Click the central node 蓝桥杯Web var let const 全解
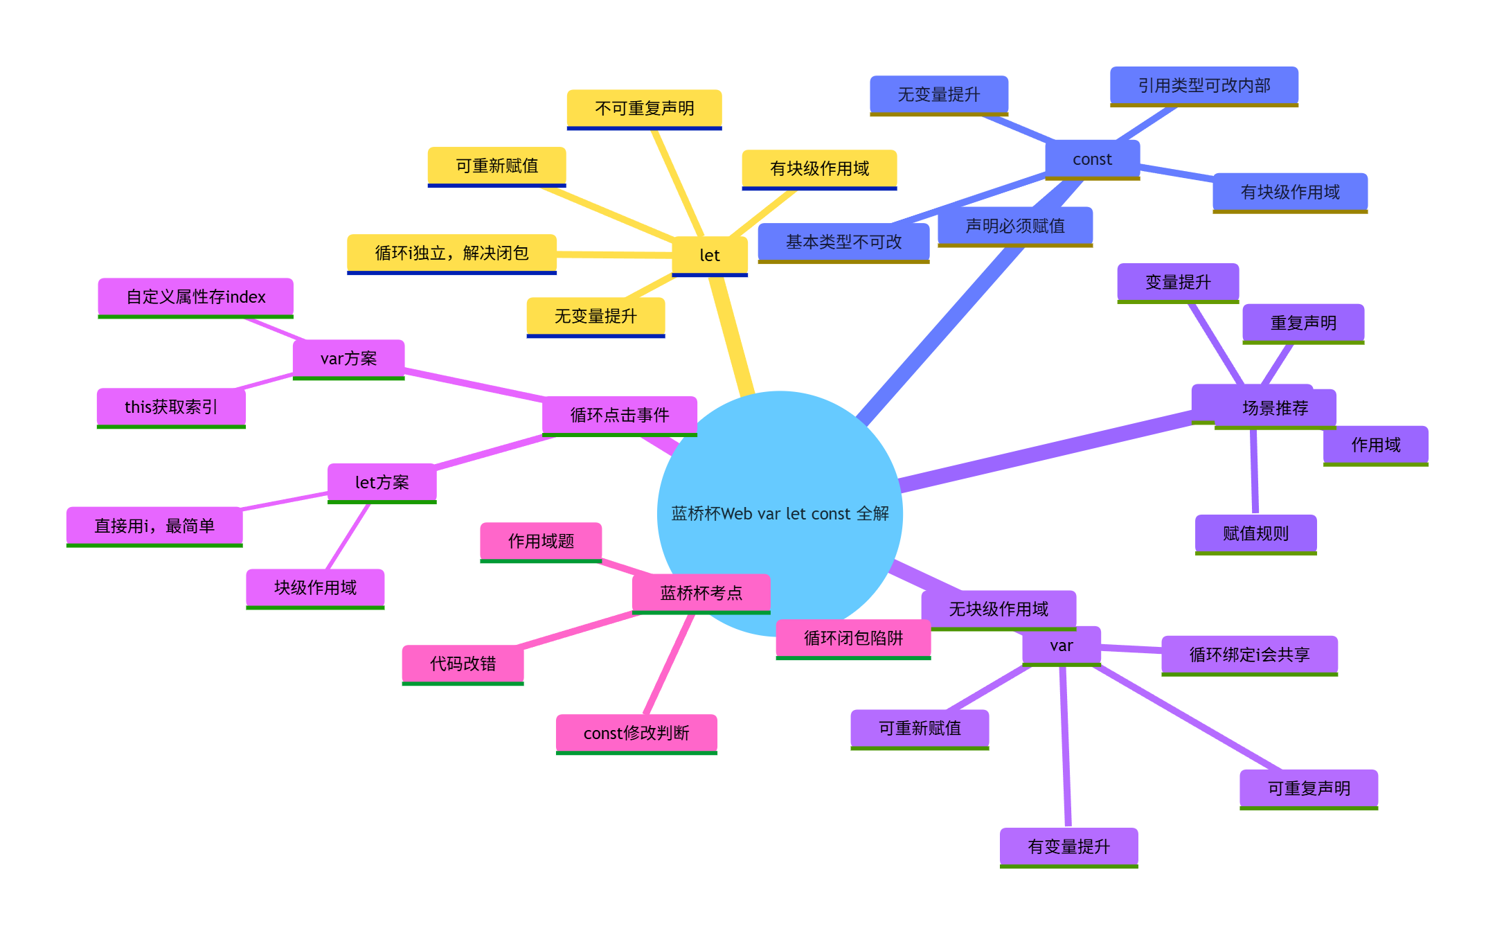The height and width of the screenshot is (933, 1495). click(x=780, y=513)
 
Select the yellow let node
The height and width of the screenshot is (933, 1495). click(x=710, y=255)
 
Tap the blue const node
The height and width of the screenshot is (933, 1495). click(x=1092, y=159)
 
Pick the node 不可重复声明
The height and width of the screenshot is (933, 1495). click(x=644, y=108)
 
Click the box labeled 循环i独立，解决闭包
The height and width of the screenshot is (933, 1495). click(x=451, y=254)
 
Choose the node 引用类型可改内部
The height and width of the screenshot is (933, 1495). click(x=1203, y=85)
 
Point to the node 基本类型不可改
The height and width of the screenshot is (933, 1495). click(x=843, y=242)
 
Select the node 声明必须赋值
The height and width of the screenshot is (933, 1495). click(x=1015, y=226)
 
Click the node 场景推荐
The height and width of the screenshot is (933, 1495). click(x=1274, y=408)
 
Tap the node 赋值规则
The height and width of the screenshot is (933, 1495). click(x=1255, y=533)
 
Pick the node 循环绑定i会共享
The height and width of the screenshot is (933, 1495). click(x=1249, y=655)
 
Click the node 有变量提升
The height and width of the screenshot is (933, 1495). click(x=1068, y=846)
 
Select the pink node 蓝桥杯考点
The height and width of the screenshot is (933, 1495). click(x=701, y=593)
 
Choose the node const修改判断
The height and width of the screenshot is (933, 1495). click(x=636, y=733)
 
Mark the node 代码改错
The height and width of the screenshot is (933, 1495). click(x=463, y=664)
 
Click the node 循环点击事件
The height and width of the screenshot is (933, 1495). click(x=619, y=415)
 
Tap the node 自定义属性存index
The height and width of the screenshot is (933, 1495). click(x=195, y=297)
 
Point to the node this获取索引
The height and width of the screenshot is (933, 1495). click(x=171, y=407)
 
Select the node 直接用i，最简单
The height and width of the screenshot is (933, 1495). click(x=154, y=526)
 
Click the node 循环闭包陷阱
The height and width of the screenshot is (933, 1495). click(x=853, y=638)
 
